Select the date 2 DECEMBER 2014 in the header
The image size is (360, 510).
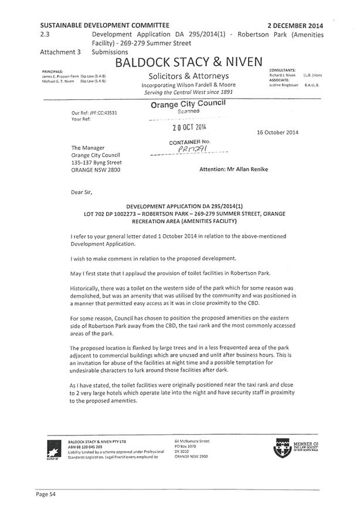(295, 26)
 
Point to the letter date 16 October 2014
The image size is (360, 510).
(277, 132)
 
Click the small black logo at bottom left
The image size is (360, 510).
(52, 450)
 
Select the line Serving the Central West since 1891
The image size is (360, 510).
(189, 92)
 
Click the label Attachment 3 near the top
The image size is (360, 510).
(60, 52)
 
